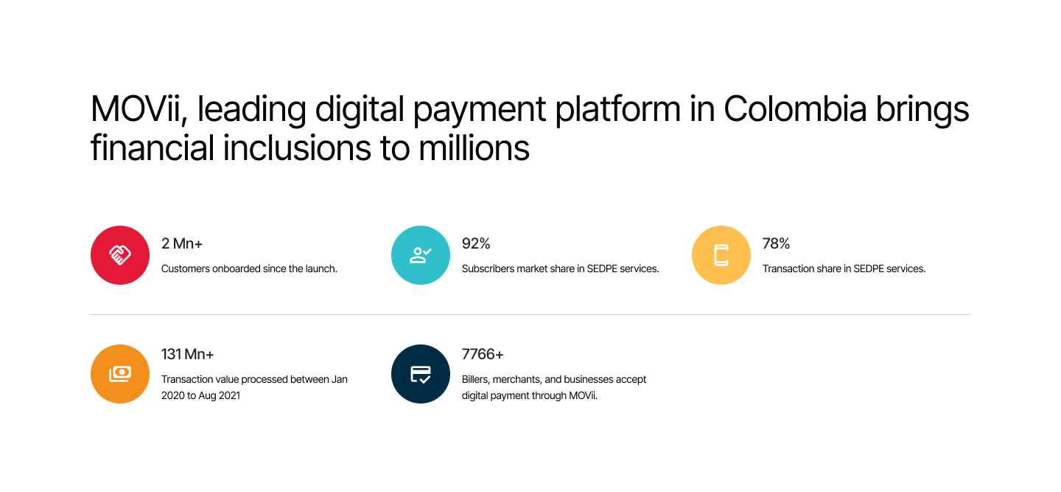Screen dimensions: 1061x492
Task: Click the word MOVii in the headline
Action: click(x=136, y=110)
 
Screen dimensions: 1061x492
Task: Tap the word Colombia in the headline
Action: click(x=795, y=109)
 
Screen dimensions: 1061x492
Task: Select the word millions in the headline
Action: click(x=474, y=148)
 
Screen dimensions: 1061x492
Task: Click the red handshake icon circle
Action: click(x=120, y=255)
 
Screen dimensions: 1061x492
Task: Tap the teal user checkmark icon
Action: click(x=421, y=255)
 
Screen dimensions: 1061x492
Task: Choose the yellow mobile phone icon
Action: click(x=721, y=255)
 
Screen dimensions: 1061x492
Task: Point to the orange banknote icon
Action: click(x=120, y=374)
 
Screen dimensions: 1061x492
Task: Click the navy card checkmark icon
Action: click(x=421, y=374)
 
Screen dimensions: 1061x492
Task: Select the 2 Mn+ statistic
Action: click(x=182, y=243)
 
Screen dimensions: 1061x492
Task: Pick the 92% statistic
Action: click(x=476, y=243)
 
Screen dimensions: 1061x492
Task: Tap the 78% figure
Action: click(x=777, y=243)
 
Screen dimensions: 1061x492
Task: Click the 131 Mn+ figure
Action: click(x=188, y=354)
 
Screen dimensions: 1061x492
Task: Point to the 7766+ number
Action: click(x=483, y=354)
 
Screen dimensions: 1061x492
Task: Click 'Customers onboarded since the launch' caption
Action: click(x=249, y=268)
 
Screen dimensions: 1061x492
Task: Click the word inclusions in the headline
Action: click(x=297, y=148)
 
